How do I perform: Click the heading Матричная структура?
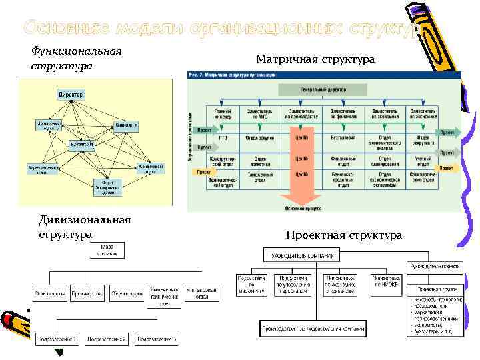coord(315,60)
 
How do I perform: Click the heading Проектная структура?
coord(343,235)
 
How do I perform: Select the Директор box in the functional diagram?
coord(71,95)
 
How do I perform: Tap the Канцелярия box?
coord(126,125)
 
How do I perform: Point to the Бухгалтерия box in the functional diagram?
coord(82,144)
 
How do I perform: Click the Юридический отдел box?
coord(151,169)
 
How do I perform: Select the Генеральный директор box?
coord(322,88)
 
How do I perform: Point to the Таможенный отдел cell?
coord(263,176)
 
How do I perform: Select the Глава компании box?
coord(116,250)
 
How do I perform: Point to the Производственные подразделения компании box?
coord(313,328)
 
